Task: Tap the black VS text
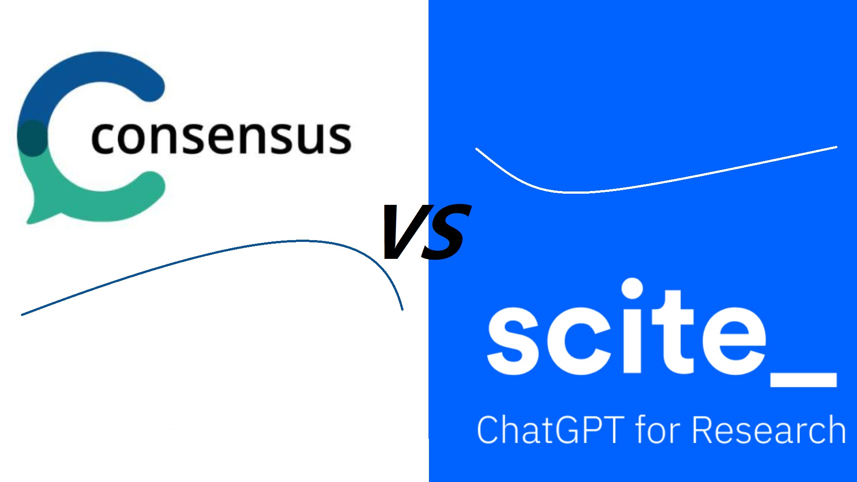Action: [x=426, y=232]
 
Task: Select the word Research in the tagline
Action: [x=769, y=429]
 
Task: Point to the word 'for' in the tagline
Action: [x=658, y=429]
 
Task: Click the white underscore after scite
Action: [x=803, y=379]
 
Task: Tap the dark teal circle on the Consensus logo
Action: [x=32, y=137]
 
